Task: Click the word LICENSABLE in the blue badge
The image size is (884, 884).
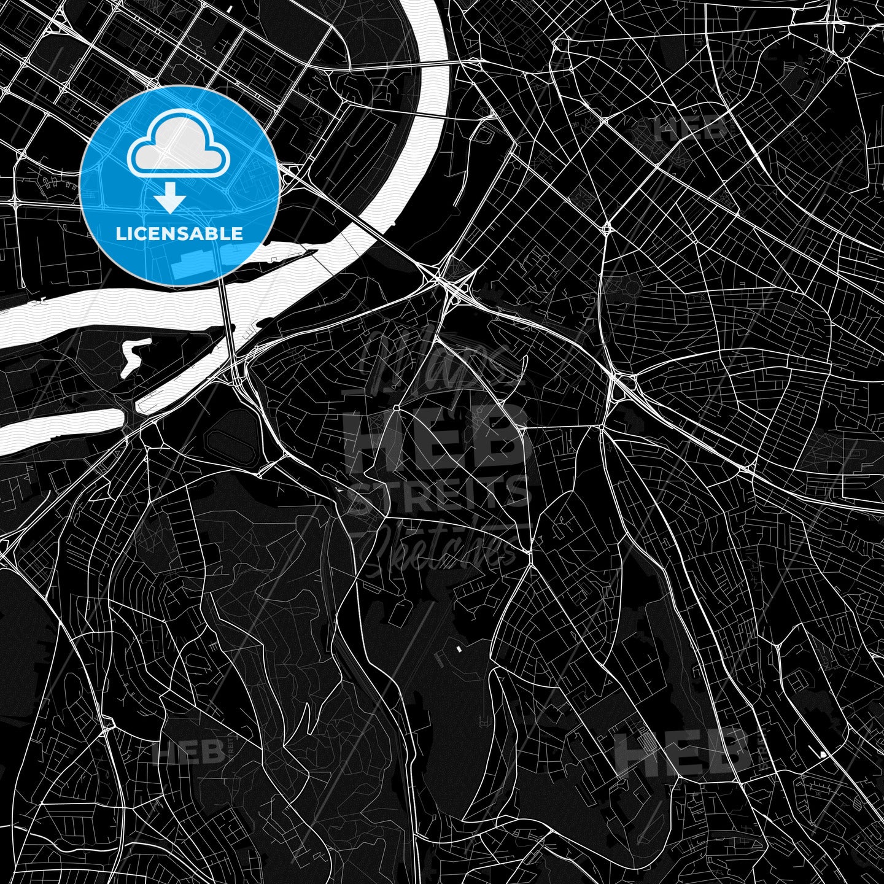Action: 179,234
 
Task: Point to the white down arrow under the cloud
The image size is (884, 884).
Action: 169,199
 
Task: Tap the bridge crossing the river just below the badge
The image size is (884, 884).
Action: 227,319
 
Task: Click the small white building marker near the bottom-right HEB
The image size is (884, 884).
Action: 822,754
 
